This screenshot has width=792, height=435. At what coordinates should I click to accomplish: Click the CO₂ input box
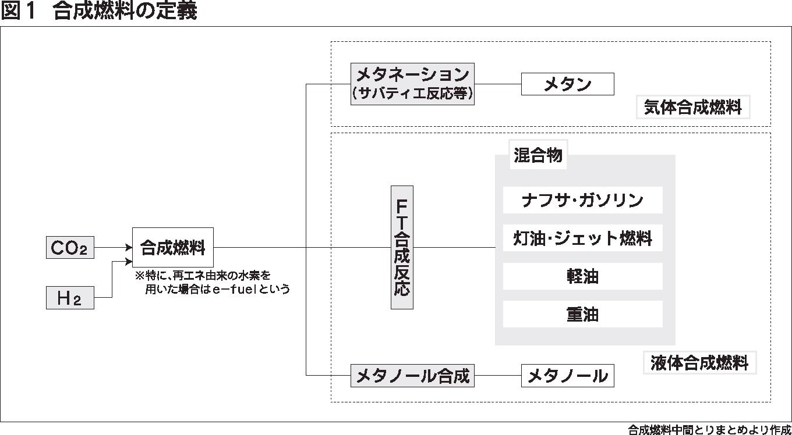click(x=69, y=248)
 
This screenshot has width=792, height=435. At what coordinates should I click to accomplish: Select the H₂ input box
click(x=69, y=298)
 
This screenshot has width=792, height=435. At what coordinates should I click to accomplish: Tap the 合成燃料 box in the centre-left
click(x=172, y=248)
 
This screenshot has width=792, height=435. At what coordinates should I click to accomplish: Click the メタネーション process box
click(x=412, y=84)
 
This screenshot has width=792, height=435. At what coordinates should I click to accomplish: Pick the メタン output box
click(x=567, y=84)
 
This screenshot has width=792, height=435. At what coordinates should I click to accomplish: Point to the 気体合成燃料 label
click(x=693, y=108)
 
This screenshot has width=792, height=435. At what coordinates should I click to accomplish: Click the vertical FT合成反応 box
click(x=402, y=247)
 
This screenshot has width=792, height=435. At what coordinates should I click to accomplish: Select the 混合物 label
click(x=538, y=156)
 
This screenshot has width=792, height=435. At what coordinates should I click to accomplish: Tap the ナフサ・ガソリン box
click(x=582, y=201)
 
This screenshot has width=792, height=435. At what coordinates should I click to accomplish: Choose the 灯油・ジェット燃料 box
click(x=582, y=238)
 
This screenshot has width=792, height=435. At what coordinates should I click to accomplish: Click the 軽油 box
click(x=582, y=276)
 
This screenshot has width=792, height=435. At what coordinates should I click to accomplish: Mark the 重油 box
click(x=582, y=314)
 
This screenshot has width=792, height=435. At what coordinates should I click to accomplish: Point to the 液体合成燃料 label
click(x=699, y=363)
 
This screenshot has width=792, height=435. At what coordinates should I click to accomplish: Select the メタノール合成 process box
click(x=412, y=376)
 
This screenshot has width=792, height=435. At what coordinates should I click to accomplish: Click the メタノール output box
click(x=567, y=376)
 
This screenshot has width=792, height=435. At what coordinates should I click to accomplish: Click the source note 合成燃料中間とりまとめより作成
click(x=709, y=430)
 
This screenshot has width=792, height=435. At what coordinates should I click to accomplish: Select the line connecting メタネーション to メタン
click(x=497, y=84)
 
